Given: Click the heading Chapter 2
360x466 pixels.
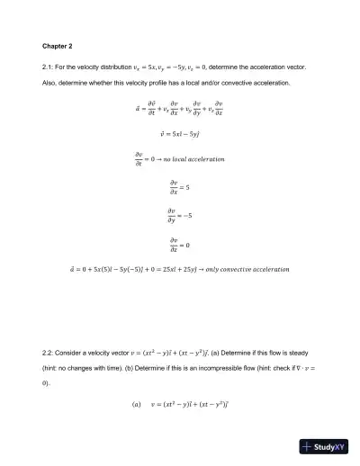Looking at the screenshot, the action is pyautogui.click(x=58, y=44).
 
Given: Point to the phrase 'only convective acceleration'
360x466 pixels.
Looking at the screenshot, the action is pyautogui.click(x=249, y=269).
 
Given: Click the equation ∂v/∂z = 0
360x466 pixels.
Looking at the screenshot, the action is pyautogui.click(x=179, y=243).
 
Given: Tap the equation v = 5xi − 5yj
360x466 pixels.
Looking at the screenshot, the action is pyautogui.click(x=179, y=131).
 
